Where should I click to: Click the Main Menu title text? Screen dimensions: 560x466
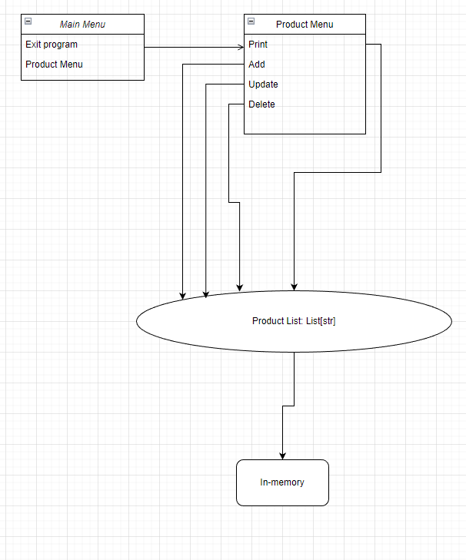coord(82,25)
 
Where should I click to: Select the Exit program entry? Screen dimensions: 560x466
coord(52,45)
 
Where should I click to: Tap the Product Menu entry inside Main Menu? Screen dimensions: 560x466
coord(54,65)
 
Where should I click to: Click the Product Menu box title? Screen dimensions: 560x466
coord(305,25)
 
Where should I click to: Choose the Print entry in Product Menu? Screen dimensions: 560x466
coord(258,45)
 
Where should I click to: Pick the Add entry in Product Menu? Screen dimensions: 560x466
coord(257,65)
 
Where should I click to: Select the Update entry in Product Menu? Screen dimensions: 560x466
coord(263,84)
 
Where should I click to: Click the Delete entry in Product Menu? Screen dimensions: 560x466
coord(261,104)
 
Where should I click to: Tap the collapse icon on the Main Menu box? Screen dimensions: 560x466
coord(28,22)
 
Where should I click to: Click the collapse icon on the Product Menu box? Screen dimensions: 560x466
coord(251,22)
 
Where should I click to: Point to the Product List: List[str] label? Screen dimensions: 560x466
coord(294,321)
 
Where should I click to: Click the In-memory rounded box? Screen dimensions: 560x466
coord(282,482)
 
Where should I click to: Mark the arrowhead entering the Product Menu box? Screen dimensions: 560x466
coord(240,48)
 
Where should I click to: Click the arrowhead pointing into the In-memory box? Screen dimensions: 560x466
coord(282,455)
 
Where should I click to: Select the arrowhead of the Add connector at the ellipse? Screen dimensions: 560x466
coord(183,295)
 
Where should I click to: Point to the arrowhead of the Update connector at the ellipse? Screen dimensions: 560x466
coord(206,293)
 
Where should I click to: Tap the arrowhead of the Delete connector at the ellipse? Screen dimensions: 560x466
coord(240,287)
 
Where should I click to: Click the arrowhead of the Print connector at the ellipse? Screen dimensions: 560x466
coord(294,287)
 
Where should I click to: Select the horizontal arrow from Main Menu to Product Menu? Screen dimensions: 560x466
coord(192,48)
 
